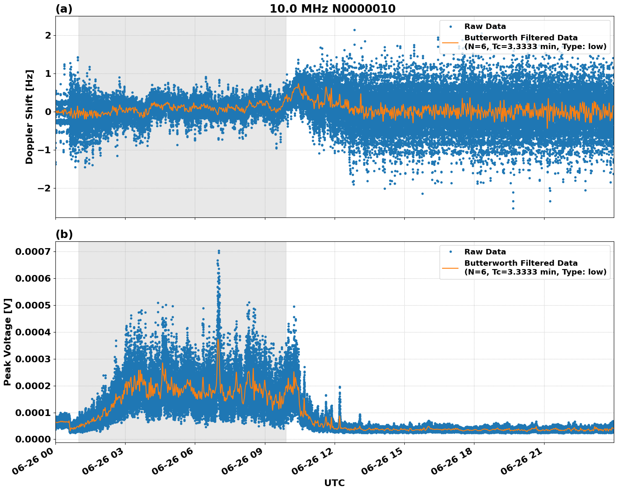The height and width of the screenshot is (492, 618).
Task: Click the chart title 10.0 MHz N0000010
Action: click(332, 9)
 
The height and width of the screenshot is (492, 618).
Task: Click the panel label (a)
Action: click(64, 9)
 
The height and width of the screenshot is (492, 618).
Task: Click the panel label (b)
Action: click(64, 234)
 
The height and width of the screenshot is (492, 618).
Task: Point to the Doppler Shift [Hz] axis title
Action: click(29, 116)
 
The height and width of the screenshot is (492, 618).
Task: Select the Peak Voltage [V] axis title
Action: click(7, 342)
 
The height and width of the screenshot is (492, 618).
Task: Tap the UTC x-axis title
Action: click(334, 483)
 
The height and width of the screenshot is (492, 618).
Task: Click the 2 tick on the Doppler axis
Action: click(48, 35)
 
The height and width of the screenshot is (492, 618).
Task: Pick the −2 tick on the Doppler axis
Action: click(45, 188)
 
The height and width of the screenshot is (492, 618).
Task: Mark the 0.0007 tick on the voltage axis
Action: click(33, 251)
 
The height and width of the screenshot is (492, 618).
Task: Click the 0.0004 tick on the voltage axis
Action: click(33, 332)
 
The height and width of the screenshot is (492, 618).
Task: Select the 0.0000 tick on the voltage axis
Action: click(33, 439)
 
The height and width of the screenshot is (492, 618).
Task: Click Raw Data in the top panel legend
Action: click(485, 26)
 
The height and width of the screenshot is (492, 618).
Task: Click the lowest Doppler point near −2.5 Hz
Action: click(513, 208)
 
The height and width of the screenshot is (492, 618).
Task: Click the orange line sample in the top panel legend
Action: click(450, 42)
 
